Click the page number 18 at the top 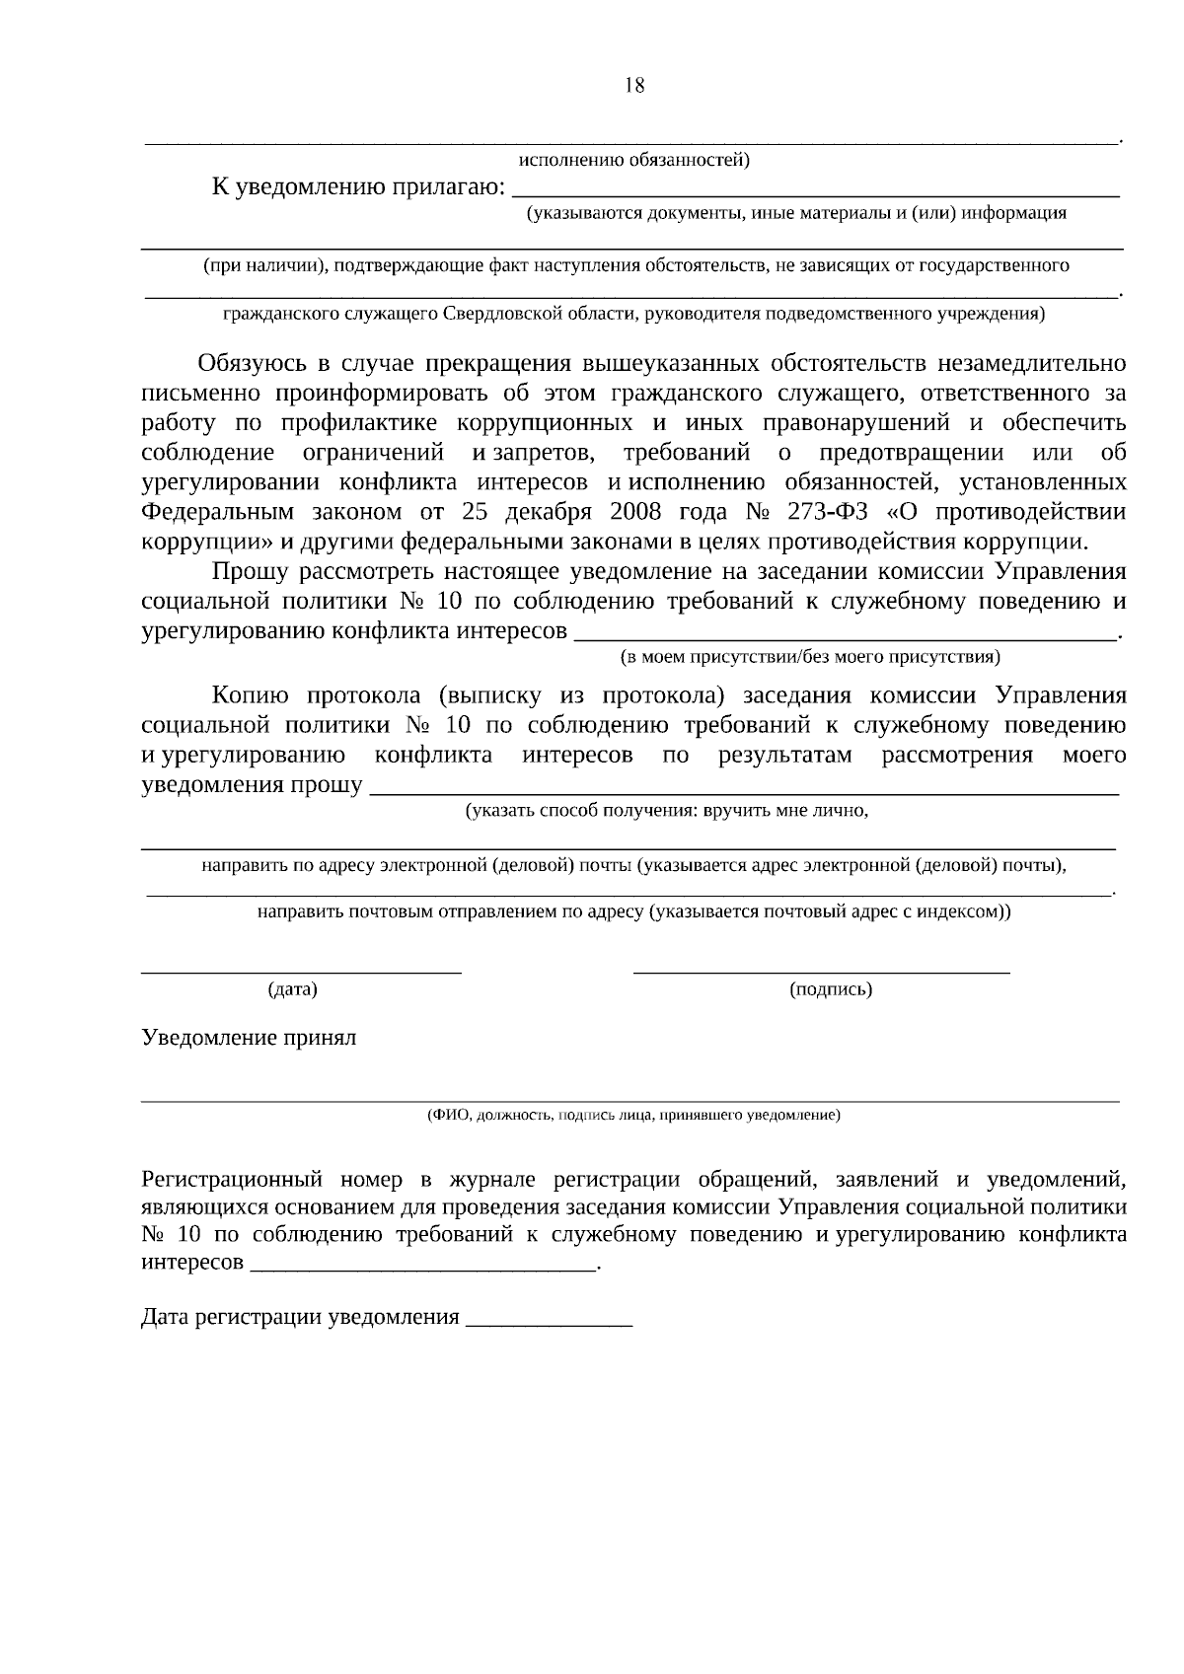tap(634, 86)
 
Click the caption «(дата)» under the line tap(292, 988)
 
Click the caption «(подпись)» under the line tap(831, 988)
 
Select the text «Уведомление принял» tap(249, 1038)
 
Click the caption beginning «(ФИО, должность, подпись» tap(633, 1116)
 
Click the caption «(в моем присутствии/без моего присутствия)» tap(810, 656)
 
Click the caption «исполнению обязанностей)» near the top tap(633, 160)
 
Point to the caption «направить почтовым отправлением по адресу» tap(633, 911)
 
